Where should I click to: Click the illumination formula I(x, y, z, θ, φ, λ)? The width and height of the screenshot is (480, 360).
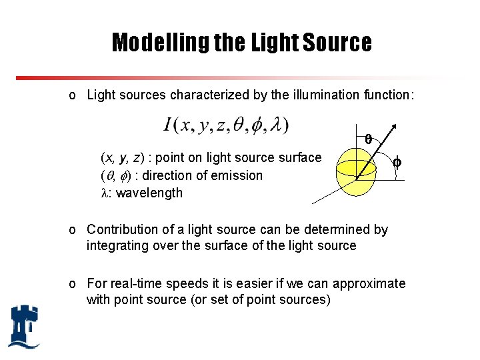(226, 125)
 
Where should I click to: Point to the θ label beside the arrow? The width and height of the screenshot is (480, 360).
(369, 139)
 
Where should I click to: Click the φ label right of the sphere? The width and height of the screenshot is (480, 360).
(397, 161)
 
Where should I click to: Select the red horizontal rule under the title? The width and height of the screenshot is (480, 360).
(240, 77)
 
